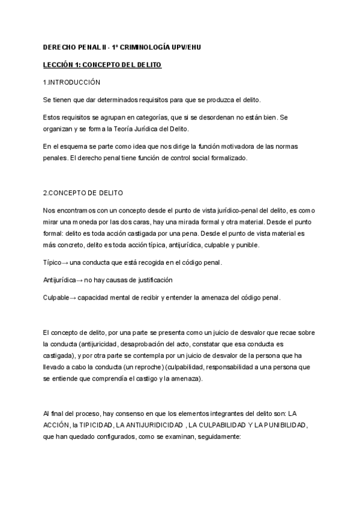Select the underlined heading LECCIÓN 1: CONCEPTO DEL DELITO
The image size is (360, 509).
click(102, 64)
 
